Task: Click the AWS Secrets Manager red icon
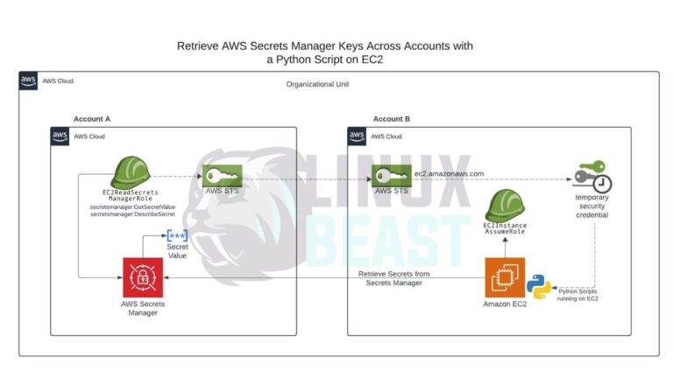141,276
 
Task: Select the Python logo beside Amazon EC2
539,287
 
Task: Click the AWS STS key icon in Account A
221,176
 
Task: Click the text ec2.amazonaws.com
449,174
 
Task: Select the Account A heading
92,118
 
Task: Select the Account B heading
392,118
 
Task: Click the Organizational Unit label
323,84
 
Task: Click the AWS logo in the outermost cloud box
29,81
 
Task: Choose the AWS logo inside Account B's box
357,136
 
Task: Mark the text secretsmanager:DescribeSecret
132,214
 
